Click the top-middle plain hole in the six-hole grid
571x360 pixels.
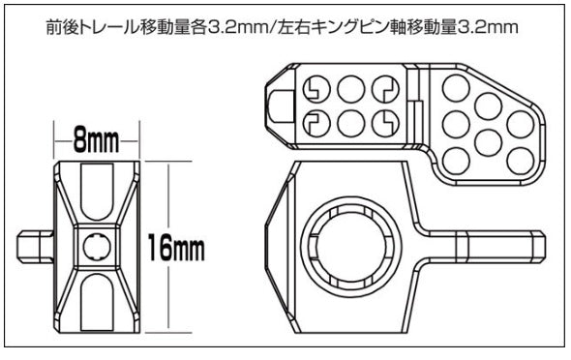pos(350,90)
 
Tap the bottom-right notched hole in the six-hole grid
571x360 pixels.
pos(384,123)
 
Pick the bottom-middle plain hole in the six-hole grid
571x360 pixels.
pos(350,123)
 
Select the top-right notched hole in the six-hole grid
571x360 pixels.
pos(384,90)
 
